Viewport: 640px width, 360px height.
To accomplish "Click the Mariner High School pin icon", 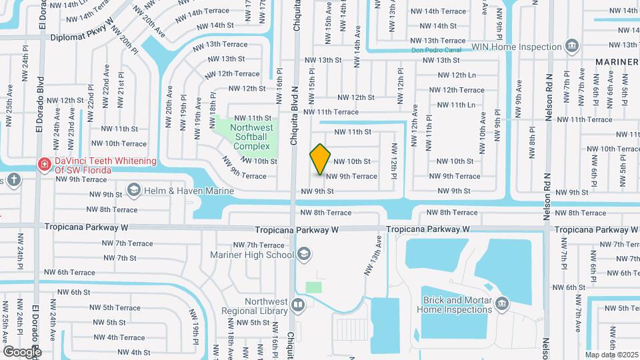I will (303, 254).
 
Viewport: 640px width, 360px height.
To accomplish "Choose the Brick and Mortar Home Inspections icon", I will (501, 305).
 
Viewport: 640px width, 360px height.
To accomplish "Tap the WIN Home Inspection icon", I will (571, 46).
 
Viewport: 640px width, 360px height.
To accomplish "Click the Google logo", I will (22, 351).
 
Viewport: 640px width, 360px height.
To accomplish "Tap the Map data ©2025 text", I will (611, 355).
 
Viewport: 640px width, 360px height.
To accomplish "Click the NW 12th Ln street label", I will (454, 75).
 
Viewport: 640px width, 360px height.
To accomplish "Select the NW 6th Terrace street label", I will (69, 272).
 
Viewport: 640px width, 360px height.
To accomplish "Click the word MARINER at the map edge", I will (617, 62).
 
